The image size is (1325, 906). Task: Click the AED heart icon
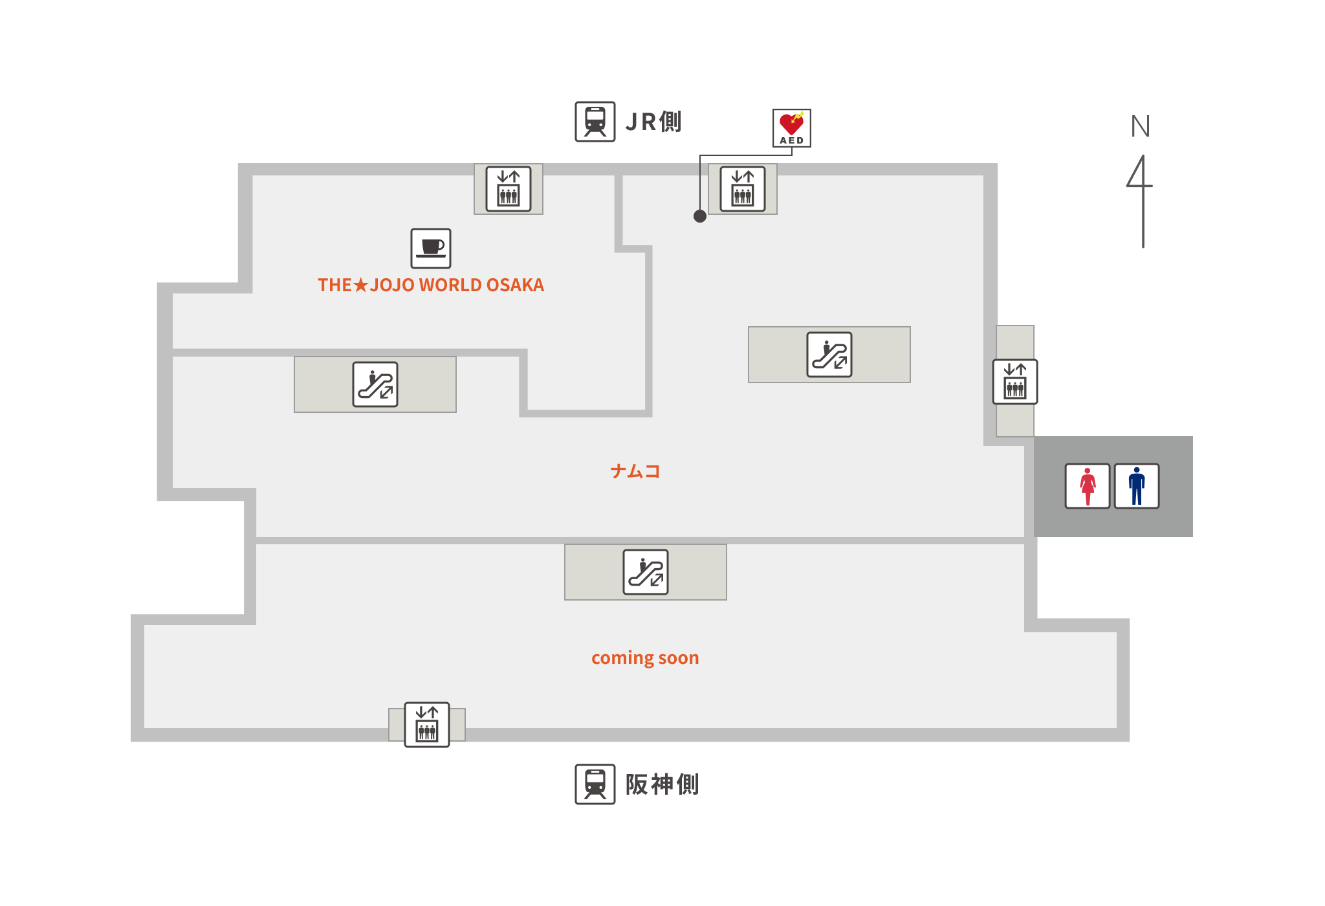(791, 128)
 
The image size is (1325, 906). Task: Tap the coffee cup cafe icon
(431, 249)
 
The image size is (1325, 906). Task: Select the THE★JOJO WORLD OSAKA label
(431, 285)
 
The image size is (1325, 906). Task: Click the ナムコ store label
(635, 471)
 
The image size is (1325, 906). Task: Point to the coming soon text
(645, 658)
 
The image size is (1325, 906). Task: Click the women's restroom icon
(1088, 486)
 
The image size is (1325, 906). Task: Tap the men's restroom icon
(1137, 486)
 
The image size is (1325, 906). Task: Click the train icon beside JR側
(595, 122)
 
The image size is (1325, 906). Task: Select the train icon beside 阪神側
(595, 784)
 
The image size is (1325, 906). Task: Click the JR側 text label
(653, 122)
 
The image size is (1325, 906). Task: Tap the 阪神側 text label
(662, 784)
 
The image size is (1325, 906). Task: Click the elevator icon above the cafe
(509, 189)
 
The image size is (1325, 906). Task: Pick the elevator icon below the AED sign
(743, 189)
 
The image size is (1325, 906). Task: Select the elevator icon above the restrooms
(1015, 382)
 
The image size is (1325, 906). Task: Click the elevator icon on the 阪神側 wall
(427, 725)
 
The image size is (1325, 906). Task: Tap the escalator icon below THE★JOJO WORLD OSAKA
(375, 384)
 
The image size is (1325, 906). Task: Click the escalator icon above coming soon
(646, 572)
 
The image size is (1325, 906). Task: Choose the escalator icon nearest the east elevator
(829, 355)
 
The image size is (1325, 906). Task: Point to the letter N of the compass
(1141, 126)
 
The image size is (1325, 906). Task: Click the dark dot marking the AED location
(700, 216)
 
